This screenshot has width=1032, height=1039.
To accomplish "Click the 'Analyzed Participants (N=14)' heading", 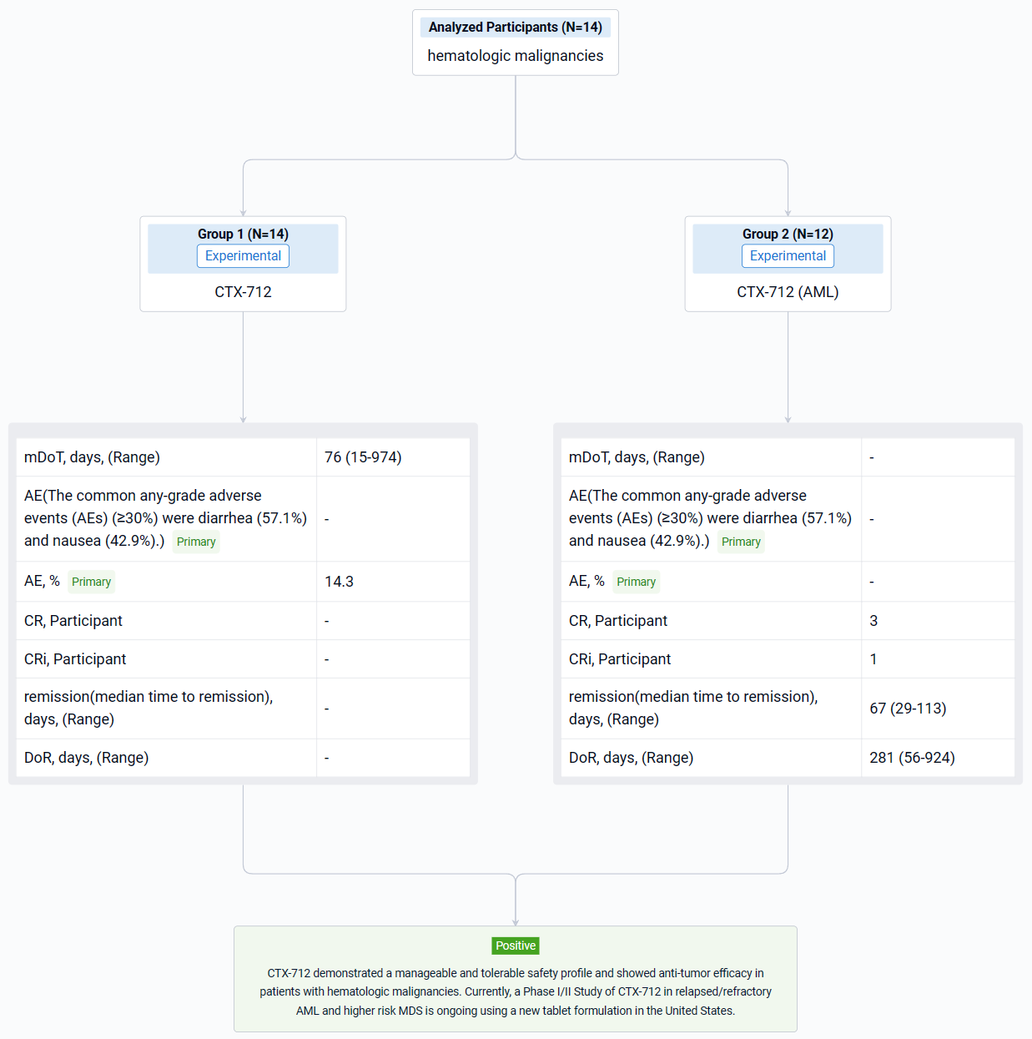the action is click(x=515, y=27).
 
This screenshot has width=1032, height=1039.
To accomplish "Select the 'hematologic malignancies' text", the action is click(x=515, y=56).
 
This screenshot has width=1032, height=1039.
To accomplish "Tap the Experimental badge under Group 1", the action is click(x=243, y=255).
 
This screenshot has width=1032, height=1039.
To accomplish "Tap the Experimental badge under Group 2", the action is click(x=788, y=255).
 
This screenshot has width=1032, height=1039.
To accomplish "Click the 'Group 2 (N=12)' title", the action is click(x=788, y=234).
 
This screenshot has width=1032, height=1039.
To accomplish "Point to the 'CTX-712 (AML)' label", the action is click(x=788, y=292).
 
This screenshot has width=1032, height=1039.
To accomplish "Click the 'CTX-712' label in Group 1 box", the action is click(x=243, y=292).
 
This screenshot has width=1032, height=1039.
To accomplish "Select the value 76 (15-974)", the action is click(x=363, y=457).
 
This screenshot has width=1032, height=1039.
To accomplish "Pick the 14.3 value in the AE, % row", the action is click(x=339, y=581).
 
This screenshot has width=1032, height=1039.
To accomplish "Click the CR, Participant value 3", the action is click(x=873, y=621).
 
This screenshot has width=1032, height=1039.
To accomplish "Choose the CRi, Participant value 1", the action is click(x=873, y=659).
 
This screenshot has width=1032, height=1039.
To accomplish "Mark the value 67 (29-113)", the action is click(x=908, y=708).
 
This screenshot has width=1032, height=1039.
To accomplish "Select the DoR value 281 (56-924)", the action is click(x=912, y=758).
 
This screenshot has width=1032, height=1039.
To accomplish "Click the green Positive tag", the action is click(x=516, y=946).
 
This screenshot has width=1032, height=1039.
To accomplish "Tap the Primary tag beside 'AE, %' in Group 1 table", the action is click(x=91, y=582).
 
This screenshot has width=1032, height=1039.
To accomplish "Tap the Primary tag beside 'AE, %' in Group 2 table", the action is click(x=636, y=582).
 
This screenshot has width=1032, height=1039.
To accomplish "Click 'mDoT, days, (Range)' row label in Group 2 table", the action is click(x=637, y=457).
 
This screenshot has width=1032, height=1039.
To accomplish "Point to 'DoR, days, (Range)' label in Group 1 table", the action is click(x=86, y=758).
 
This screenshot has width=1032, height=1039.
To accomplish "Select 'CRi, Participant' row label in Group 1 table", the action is click(x=75, y=659).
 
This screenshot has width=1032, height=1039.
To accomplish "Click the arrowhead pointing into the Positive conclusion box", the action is click(x=516, y=922).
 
